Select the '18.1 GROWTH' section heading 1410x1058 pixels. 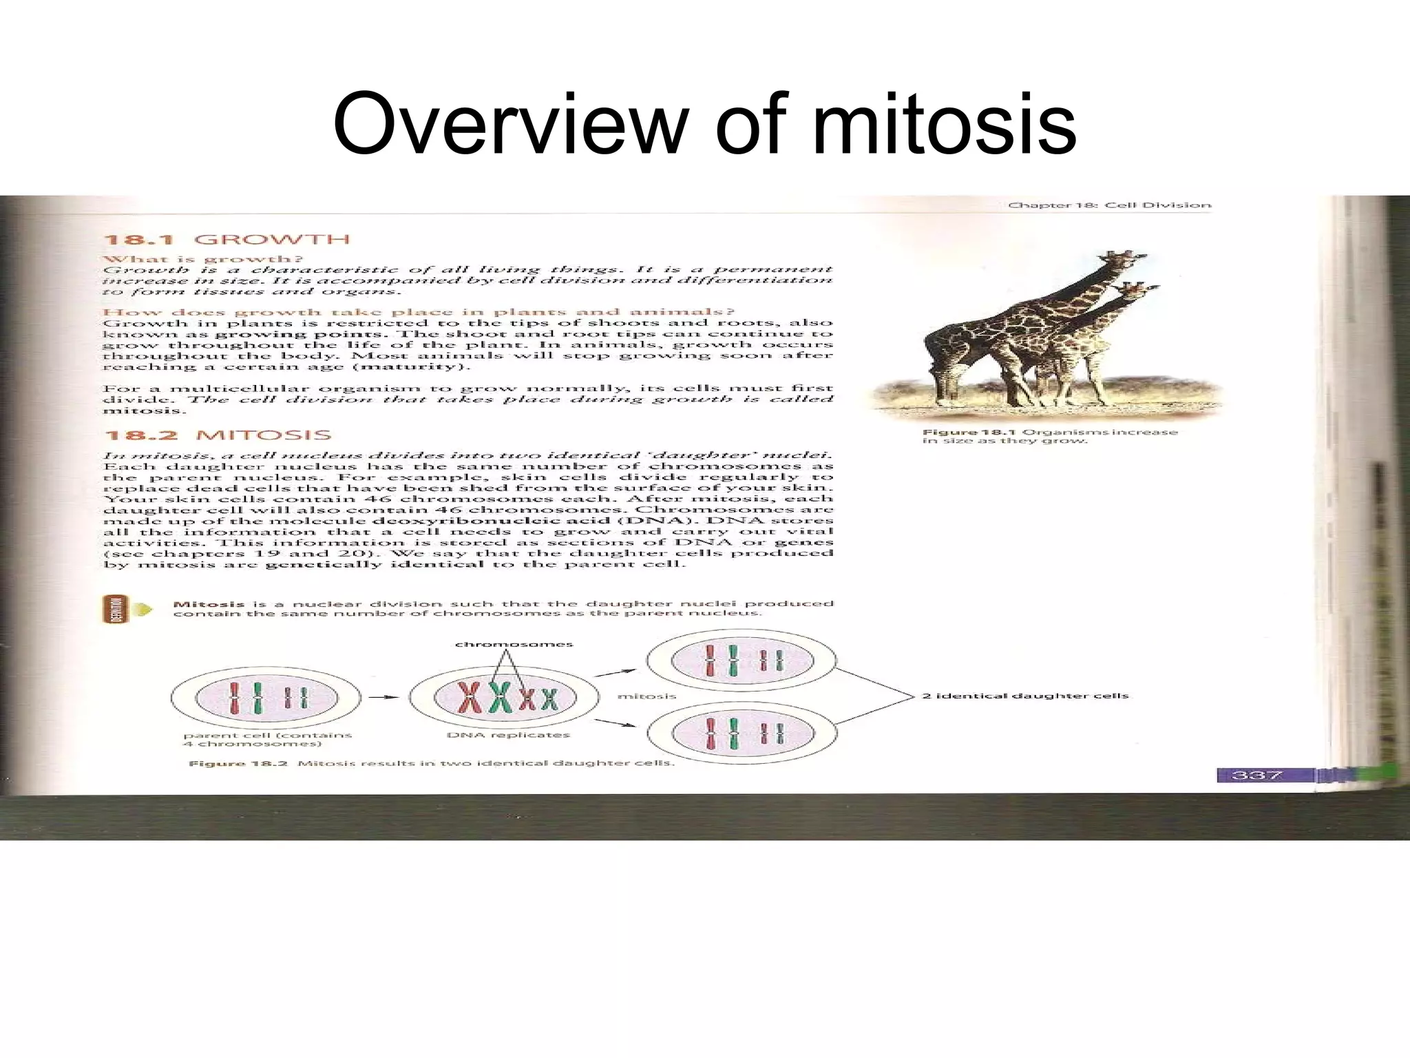coord(227,240)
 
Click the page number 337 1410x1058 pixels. coord(1256,775)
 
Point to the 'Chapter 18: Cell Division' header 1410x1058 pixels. coord(1109,205)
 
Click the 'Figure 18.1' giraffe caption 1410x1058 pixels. coord(1050,436)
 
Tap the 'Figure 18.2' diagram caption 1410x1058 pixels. coord(431,763)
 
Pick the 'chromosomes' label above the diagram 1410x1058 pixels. coord(514,645)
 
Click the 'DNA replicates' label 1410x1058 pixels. coord(508,735)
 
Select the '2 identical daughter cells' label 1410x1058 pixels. coord(1025,696)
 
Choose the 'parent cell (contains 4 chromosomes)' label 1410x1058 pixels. coord(267,739)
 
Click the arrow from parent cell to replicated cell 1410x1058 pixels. coord(383,697)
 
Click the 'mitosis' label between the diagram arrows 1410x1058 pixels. coord(646,696)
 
